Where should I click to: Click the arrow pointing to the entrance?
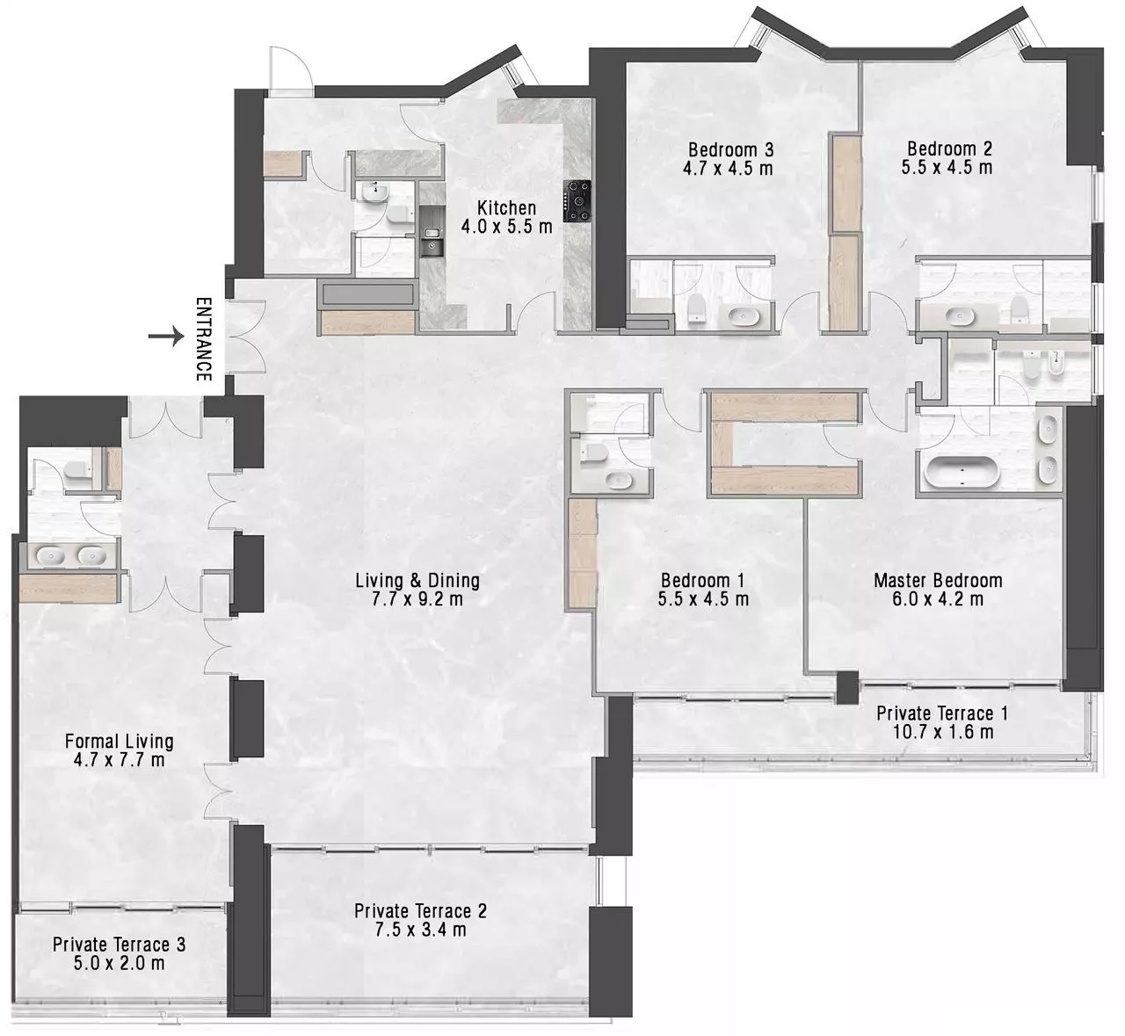(166, 337)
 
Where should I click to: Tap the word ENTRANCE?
(204, 339)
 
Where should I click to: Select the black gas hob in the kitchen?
(577, 201)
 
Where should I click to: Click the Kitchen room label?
(506, 208)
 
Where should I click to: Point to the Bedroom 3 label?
(730, 149)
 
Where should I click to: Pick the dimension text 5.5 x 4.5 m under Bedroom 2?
(947, 167)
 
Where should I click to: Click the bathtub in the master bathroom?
(962, 471)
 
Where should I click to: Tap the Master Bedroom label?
(938, 580)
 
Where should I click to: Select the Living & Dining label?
(417, 580)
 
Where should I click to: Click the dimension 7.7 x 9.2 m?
(417, 599)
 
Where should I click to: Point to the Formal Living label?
(119, 742)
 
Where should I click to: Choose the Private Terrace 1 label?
(942, 713)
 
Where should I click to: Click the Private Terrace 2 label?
(420, 910)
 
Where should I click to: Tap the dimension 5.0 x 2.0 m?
(119, 963)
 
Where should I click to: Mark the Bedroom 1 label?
(703, 580)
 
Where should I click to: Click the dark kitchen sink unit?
(432, 231)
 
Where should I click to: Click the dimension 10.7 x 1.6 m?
(942, 732)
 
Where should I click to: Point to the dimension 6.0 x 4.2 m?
(938, 599)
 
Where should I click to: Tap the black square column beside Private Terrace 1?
(847, 688)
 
